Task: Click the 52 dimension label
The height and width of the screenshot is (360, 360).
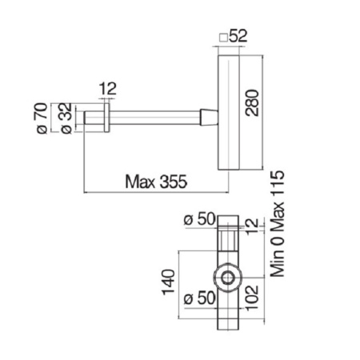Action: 238,36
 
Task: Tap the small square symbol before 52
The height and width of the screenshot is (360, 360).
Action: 223,38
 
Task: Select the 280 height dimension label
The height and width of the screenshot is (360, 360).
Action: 252,102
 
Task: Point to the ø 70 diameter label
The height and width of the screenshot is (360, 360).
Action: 42,118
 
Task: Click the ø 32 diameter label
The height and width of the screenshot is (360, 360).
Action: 66,118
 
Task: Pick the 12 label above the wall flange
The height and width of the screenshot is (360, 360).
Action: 108,89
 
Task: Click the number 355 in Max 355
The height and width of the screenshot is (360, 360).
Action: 174,182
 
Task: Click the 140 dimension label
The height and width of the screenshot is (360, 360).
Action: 169,282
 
